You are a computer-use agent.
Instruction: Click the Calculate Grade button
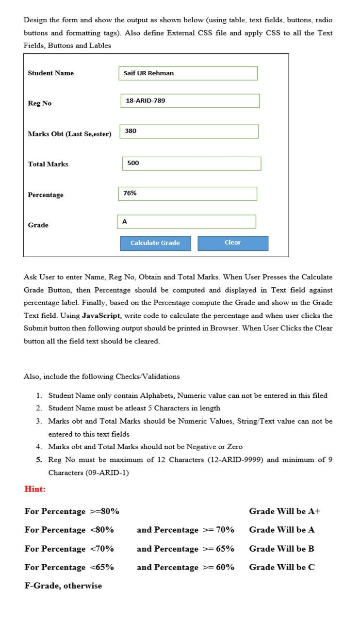[x=155, y=243]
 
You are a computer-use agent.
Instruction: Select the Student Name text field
[x=188, y=73]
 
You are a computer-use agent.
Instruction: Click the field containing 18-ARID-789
[x=190, y=101]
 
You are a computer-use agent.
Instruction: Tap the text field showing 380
[x=189, y=131]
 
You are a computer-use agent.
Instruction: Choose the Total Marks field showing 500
[x=191, y=163]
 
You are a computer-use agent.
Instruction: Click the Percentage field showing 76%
[x=187, y=194]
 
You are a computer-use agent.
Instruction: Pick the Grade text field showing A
[x=186, y=222]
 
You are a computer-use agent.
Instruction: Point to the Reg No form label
[x=40, y=103]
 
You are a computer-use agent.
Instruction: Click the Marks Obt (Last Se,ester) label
[x=69, y=134]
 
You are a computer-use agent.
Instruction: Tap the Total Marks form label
[x=48, y=164]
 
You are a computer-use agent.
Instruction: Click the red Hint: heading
[x=35, y=489]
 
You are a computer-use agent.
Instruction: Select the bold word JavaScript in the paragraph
[x=101, y=315]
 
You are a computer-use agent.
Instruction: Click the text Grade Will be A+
[x=284, y=511]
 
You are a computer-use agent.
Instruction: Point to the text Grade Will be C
[x=281, y=567]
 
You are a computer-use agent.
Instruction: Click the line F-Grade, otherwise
[x=63, y=586]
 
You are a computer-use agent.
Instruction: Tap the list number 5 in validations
[x=39, y=459]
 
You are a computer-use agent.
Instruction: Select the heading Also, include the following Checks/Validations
[x=101, y=376]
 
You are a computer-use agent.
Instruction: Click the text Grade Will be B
[x=281, y=549]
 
